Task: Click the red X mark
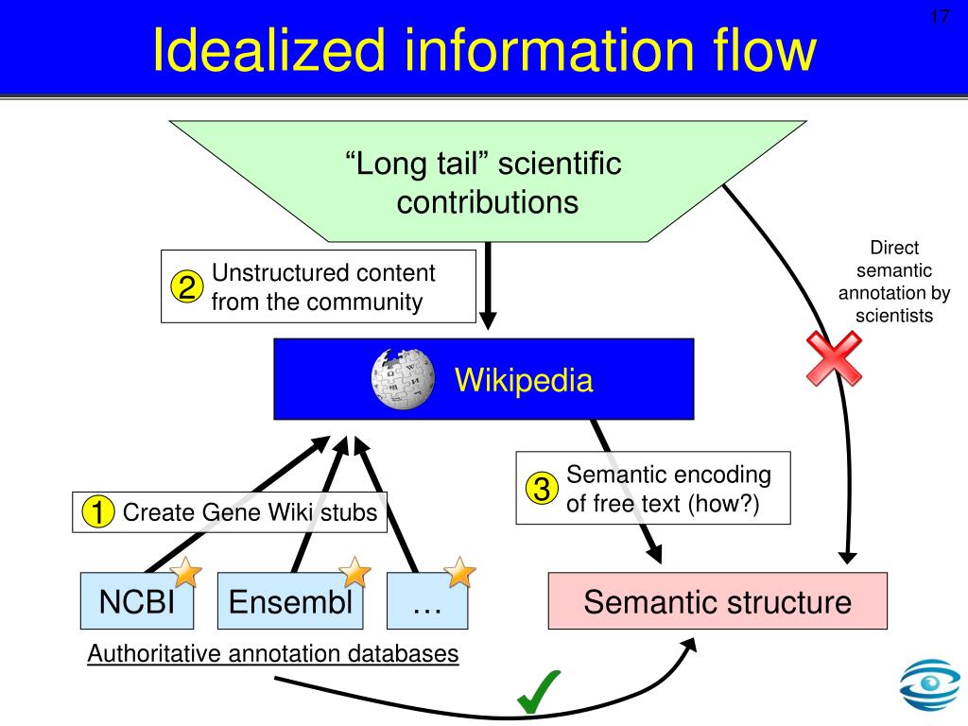pos(834,358)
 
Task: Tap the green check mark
pos(538,692)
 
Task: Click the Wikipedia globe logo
pos(403,378)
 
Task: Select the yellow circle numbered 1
pos(97,511)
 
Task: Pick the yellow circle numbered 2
pos(186,286)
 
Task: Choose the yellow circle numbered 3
pos(542,489)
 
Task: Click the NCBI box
pos(137,600)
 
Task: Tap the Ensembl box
pos(290,600)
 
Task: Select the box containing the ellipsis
pos(427,600)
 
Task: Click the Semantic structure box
pos(717,600)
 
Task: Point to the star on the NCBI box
pos(185,572)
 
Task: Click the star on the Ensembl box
pos(354,572)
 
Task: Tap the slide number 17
pos(940,16)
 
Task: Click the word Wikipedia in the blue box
pos(524,380)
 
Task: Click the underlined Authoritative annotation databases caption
pos(273,653)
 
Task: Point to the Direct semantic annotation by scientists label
pos(894,282)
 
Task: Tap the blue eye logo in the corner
pos(930,684)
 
